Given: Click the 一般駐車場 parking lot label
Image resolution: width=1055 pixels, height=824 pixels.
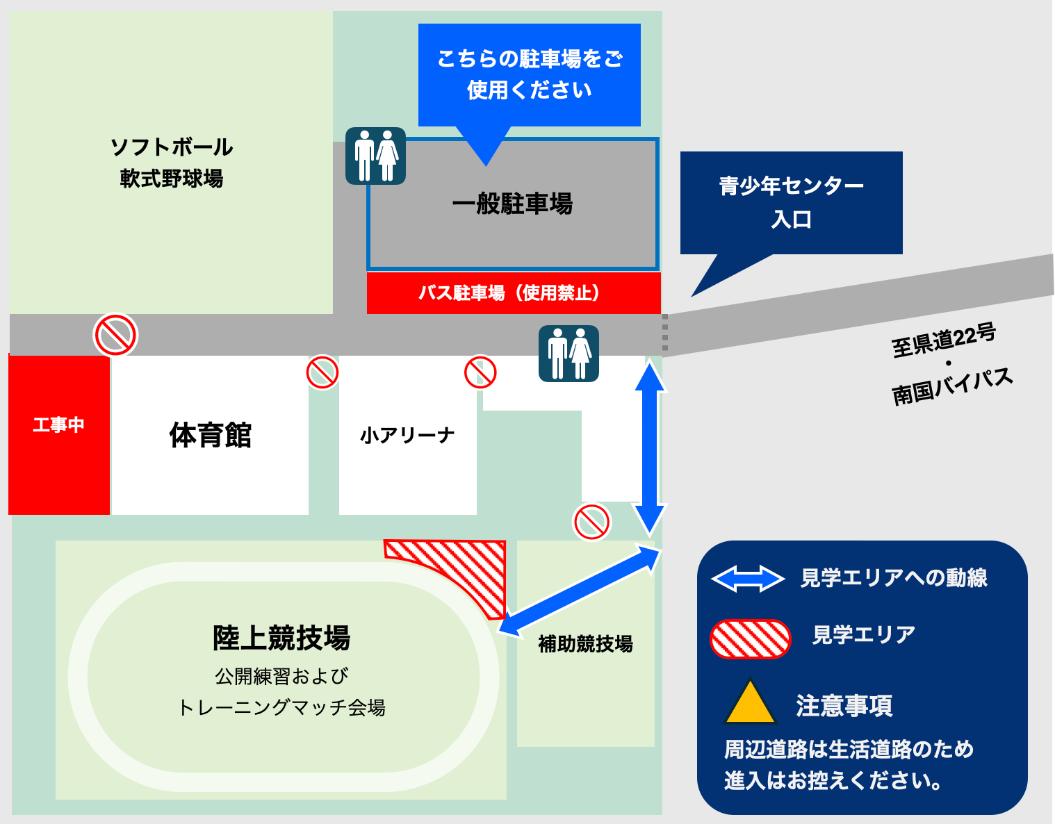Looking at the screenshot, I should (x=513, y=204).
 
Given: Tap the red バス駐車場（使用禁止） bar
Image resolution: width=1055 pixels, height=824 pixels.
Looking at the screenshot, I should (x=513, y=293).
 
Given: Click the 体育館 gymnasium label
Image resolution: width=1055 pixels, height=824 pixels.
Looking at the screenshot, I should (x=210, y=436).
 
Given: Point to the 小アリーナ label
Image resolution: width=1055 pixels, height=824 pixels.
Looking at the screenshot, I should (x=407, y=436).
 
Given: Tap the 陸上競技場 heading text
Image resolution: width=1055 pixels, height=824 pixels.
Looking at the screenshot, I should (x=281, y=638).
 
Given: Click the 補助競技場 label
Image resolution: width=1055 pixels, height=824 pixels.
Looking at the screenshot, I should (x=585, y=644).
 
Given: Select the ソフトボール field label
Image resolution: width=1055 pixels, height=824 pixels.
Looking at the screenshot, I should (x=172, y=147).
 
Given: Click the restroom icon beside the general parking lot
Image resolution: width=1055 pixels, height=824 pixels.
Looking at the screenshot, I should (x=375, y=156).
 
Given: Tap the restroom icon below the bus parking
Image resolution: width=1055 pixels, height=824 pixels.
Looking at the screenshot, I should (x=569, y=354).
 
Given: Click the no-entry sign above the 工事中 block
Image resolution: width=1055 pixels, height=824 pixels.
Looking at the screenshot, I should (x=115, y=335).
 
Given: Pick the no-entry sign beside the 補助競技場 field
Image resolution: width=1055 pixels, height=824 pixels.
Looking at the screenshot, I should (x=591, y=522).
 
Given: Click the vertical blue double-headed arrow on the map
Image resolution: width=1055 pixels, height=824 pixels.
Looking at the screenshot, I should (x=650, y=448).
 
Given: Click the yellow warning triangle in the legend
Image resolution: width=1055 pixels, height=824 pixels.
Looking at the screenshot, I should (x=749, y=702).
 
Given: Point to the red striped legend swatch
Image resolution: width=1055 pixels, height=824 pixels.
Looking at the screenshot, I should (x=750, y=638).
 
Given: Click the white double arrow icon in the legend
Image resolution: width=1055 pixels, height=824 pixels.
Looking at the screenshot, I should (x=748, y=579).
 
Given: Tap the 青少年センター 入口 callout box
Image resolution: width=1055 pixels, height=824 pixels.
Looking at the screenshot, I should (x=791, y=202).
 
